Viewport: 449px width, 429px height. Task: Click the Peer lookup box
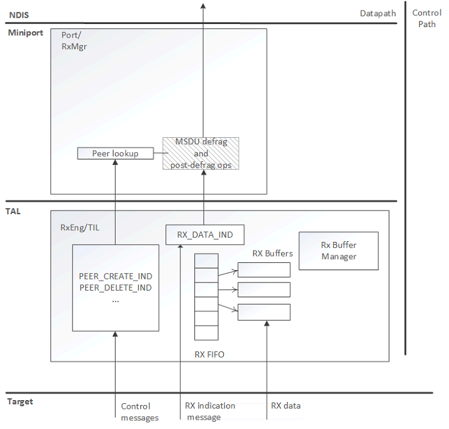click(115, 153)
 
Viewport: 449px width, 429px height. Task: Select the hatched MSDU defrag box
click(201, 153)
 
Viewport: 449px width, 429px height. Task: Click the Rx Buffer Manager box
click(338, 251)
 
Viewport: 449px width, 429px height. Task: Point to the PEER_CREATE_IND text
click(115, 276)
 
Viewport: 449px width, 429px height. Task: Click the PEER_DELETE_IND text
click(115, 287)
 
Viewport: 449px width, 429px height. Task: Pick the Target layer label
click(20, 402)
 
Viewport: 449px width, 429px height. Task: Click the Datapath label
click(378, 14)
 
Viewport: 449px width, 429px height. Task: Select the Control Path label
click(427, 18)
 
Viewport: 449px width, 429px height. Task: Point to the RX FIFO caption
click(209, 354)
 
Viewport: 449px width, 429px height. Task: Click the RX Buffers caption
click(272, 253)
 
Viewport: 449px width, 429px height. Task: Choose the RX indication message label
click(210, 411)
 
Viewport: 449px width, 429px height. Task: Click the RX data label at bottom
click(286, 406)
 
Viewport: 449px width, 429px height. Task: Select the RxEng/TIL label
click(77, 228)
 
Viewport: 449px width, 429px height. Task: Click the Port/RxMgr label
click(73, 40)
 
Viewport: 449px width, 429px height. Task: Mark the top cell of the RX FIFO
click(207, 260)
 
